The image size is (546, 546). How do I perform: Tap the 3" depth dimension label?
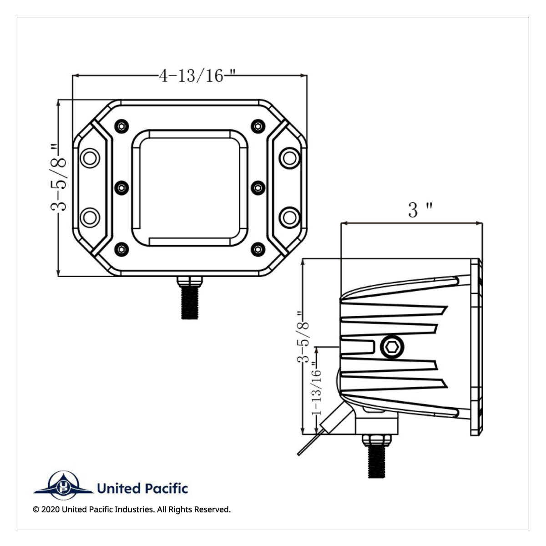point(420,210)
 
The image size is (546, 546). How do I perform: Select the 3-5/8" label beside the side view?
point(303,337)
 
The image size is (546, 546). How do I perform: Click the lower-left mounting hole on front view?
point(90,217)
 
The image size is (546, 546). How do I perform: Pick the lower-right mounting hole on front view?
point(289,217)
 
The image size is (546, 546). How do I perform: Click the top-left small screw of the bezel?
point(121,126)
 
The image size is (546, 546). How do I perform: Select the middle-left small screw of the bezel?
point(121,187)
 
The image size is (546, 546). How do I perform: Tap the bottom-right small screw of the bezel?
point(258,248)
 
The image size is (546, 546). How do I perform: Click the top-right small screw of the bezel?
point(258,126)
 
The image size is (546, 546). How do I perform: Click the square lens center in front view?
point(190,187)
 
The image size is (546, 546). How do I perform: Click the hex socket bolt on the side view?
point(392,348)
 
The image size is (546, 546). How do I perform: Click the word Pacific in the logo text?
point(166,489)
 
